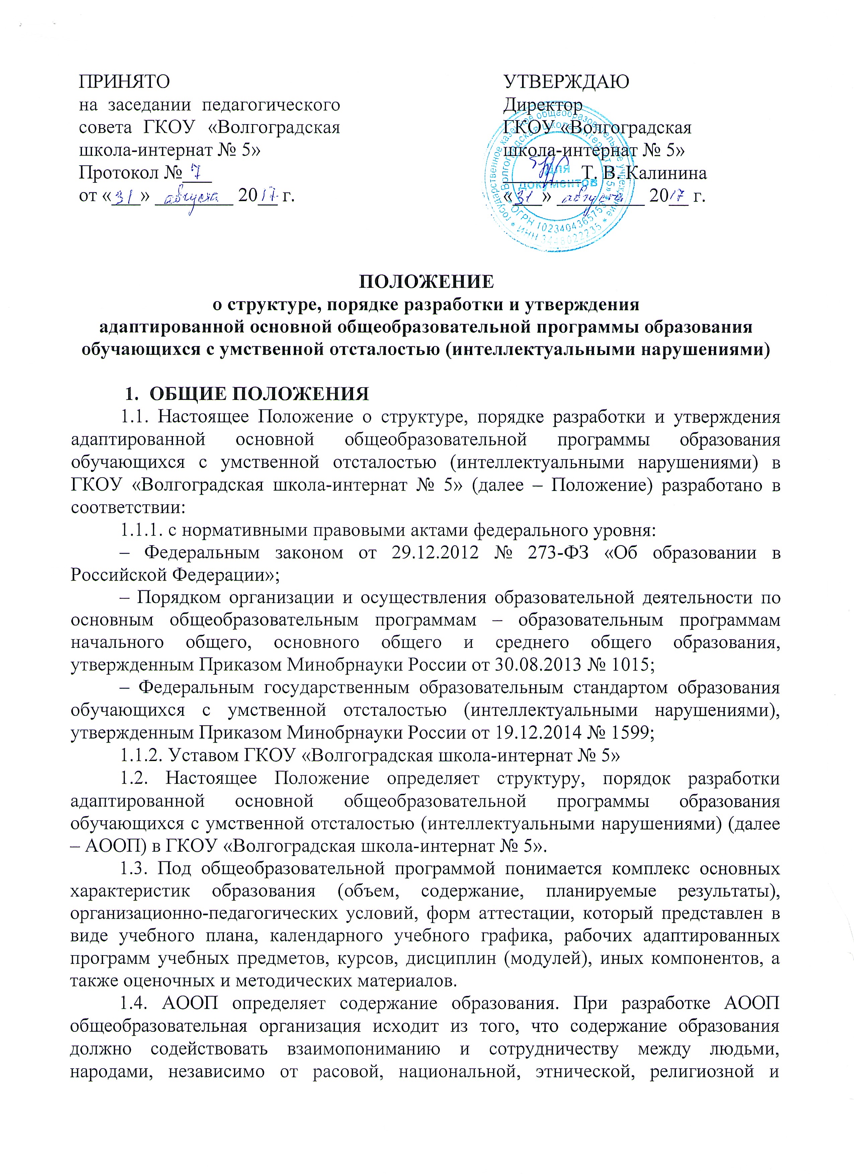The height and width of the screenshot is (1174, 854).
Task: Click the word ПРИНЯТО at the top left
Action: pos(124,82)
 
